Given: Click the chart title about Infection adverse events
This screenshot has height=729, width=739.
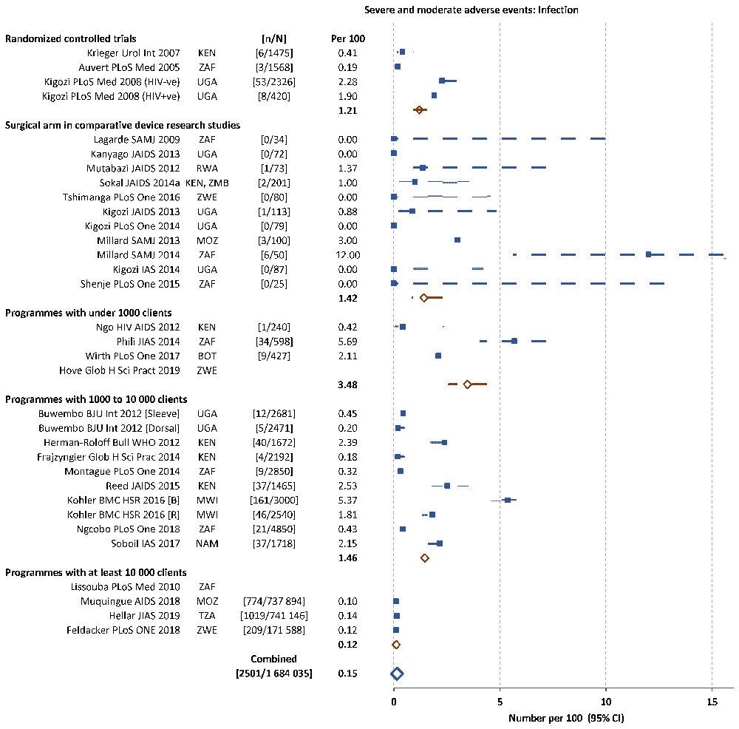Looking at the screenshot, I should click(471, 10).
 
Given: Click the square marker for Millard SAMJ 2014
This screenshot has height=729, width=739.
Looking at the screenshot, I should click(648, 254).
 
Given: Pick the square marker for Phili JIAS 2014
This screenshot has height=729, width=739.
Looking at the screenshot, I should click(514, 341).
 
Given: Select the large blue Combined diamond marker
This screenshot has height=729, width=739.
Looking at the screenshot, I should click(397, 673).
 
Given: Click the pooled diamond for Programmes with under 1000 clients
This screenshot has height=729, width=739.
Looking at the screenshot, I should click(467, 384).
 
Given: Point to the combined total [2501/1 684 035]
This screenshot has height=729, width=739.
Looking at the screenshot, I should click(273, 673).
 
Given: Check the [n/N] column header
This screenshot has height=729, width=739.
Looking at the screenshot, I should click(273, 38).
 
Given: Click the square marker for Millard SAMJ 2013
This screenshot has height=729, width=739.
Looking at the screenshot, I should click(457, 240).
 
